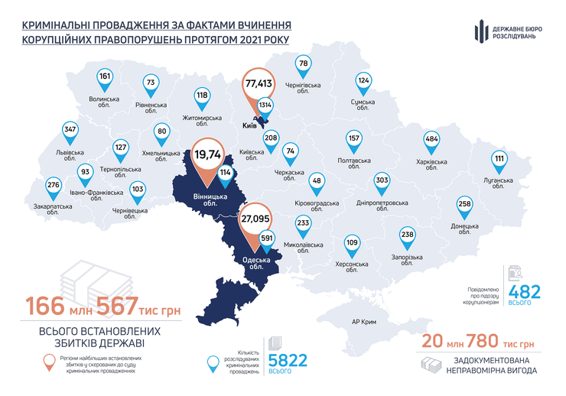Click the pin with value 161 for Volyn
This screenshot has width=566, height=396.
[x=106, y=77]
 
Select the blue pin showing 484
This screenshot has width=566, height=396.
[x=431, y=139]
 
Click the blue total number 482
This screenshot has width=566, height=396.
[x=525, y=291]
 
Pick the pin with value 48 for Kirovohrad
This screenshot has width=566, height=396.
[x=317, y=181]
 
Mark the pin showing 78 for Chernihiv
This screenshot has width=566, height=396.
[x=304, y=64]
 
